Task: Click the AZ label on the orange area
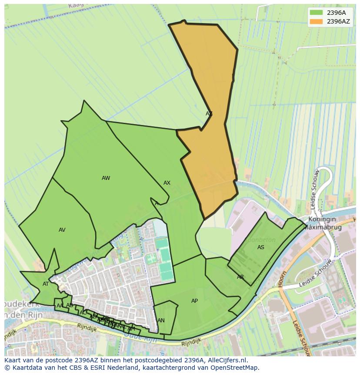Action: click(x=209, y=114)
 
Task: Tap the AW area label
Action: click(x=106, y=178)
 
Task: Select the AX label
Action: click(x=167, y=183)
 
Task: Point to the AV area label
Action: click(x=62, y=230)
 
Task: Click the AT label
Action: click(x=46, y=284)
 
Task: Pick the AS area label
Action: click(x=261, y=247)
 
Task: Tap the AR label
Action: click(x=240, y=277)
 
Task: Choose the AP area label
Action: click(x=194, y=301)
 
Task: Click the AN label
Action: click(x=161, y=321)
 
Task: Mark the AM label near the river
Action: click(x=131, y=329)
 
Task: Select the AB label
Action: click(x=70, y=305)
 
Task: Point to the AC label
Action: click(x=83, y=312)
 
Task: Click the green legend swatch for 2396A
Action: click(x=317, y=13)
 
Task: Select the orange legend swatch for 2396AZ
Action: click(x=317, y=21)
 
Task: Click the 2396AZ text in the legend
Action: click(x=338, y=21)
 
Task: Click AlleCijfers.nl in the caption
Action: click(x=227, y=360)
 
